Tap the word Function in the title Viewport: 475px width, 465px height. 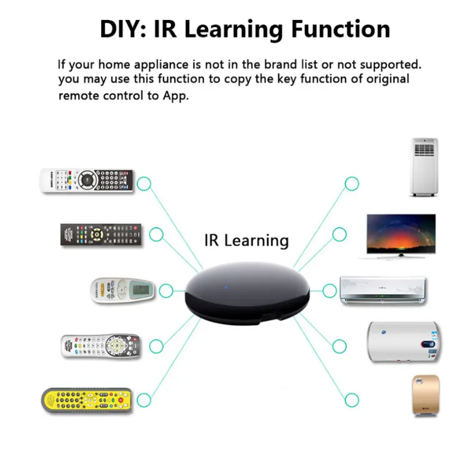coord(341,29)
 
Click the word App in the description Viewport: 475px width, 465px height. coord(175,96)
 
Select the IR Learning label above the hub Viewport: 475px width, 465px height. coord(247,241)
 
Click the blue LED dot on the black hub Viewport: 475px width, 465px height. coord(226,287)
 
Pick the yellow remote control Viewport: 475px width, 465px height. coord(87,400)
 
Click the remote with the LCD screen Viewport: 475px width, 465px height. coord(123,290)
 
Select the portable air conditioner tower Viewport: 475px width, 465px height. coord(424,167)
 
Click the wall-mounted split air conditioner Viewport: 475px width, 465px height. coord(383,290)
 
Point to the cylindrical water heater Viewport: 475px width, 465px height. coord(403,342)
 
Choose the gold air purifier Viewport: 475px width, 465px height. coord(426,395)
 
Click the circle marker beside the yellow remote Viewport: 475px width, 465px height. coord(144,400)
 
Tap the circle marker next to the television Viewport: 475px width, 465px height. coord(340,234)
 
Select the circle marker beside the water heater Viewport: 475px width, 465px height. coord(340,346)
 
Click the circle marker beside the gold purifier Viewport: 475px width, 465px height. coord(351,400)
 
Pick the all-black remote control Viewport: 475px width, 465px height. coord(101,234)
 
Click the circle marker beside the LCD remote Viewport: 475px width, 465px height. coord(166,291)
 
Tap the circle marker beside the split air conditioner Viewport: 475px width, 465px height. coord(330,291)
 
